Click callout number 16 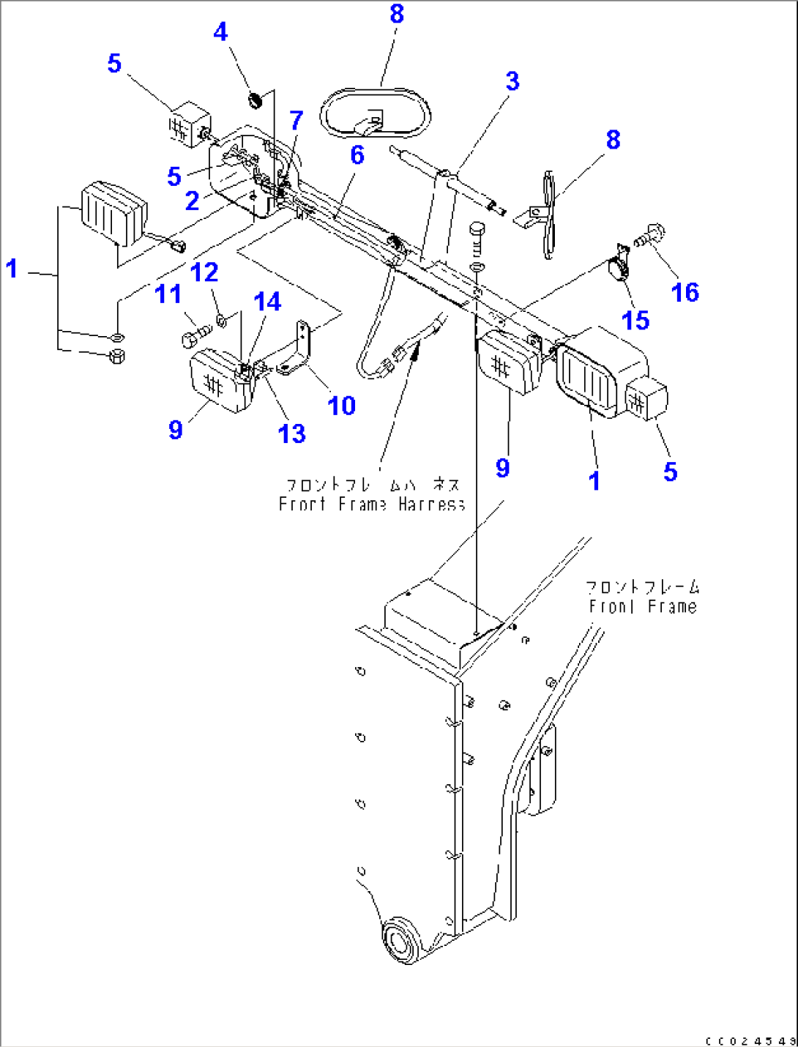[x=685, y=293]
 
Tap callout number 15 [x=635, y=320]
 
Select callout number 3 [x=512, y=81]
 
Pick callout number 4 [x=220, y=31]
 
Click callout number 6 [x=357, y=155]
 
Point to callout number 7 [x=296, y=120]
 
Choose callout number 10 [x=341, y=406]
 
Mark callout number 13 [x=291, y=433]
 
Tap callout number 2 [x=192, y=201]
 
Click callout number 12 [x=204, y=272]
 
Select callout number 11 [x=168, y=294]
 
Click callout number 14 [x=267, y=302]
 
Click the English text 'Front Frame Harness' [x=372, y=504]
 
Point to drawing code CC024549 [x=750, y=1040]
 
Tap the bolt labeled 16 [x=650, y=235]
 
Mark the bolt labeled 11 [x=192, y=337]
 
